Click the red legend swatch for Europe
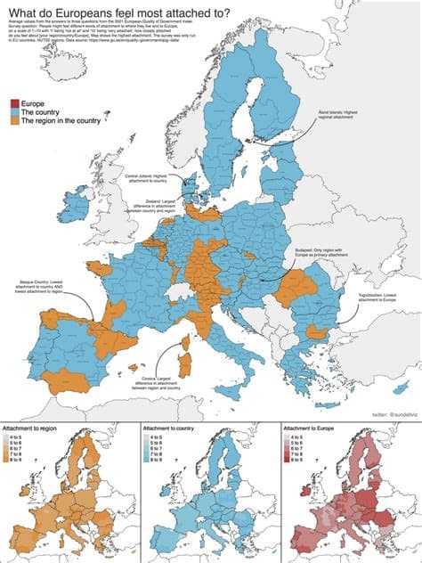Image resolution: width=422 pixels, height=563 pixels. coord(13,104)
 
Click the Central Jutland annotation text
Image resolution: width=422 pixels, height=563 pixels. coord(147,179)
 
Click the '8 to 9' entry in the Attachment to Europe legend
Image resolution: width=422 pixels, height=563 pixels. coord(300,462)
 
